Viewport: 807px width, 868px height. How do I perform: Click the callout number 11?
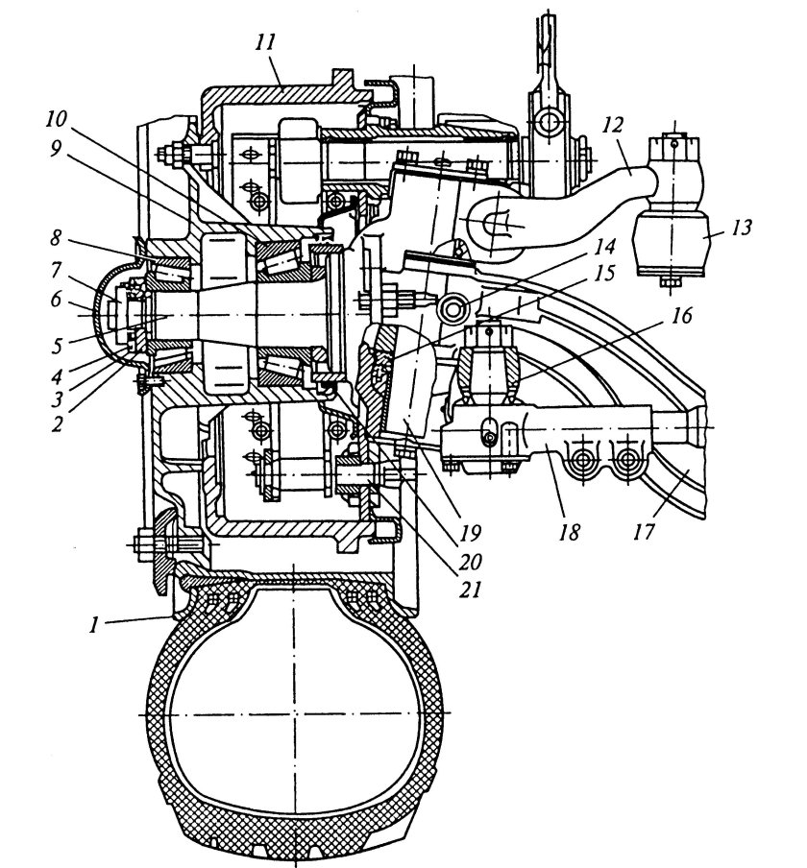[265, 43]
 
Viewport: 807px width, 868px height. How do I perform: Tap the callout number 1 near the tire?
[95, 625]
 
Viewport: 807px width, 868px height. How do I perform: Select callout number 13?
[741, 228]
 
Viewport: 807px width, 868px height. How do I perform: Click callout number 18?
[570, 532]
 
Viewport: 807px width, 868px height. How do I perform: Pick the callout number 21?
[469, 589]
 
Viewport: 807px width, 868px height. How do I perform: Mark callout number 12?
[613, 125]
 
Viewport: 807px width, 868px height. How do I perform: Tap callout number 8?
[56, 238]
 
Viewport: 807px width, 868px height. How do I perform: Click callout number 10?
[56, 118]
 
